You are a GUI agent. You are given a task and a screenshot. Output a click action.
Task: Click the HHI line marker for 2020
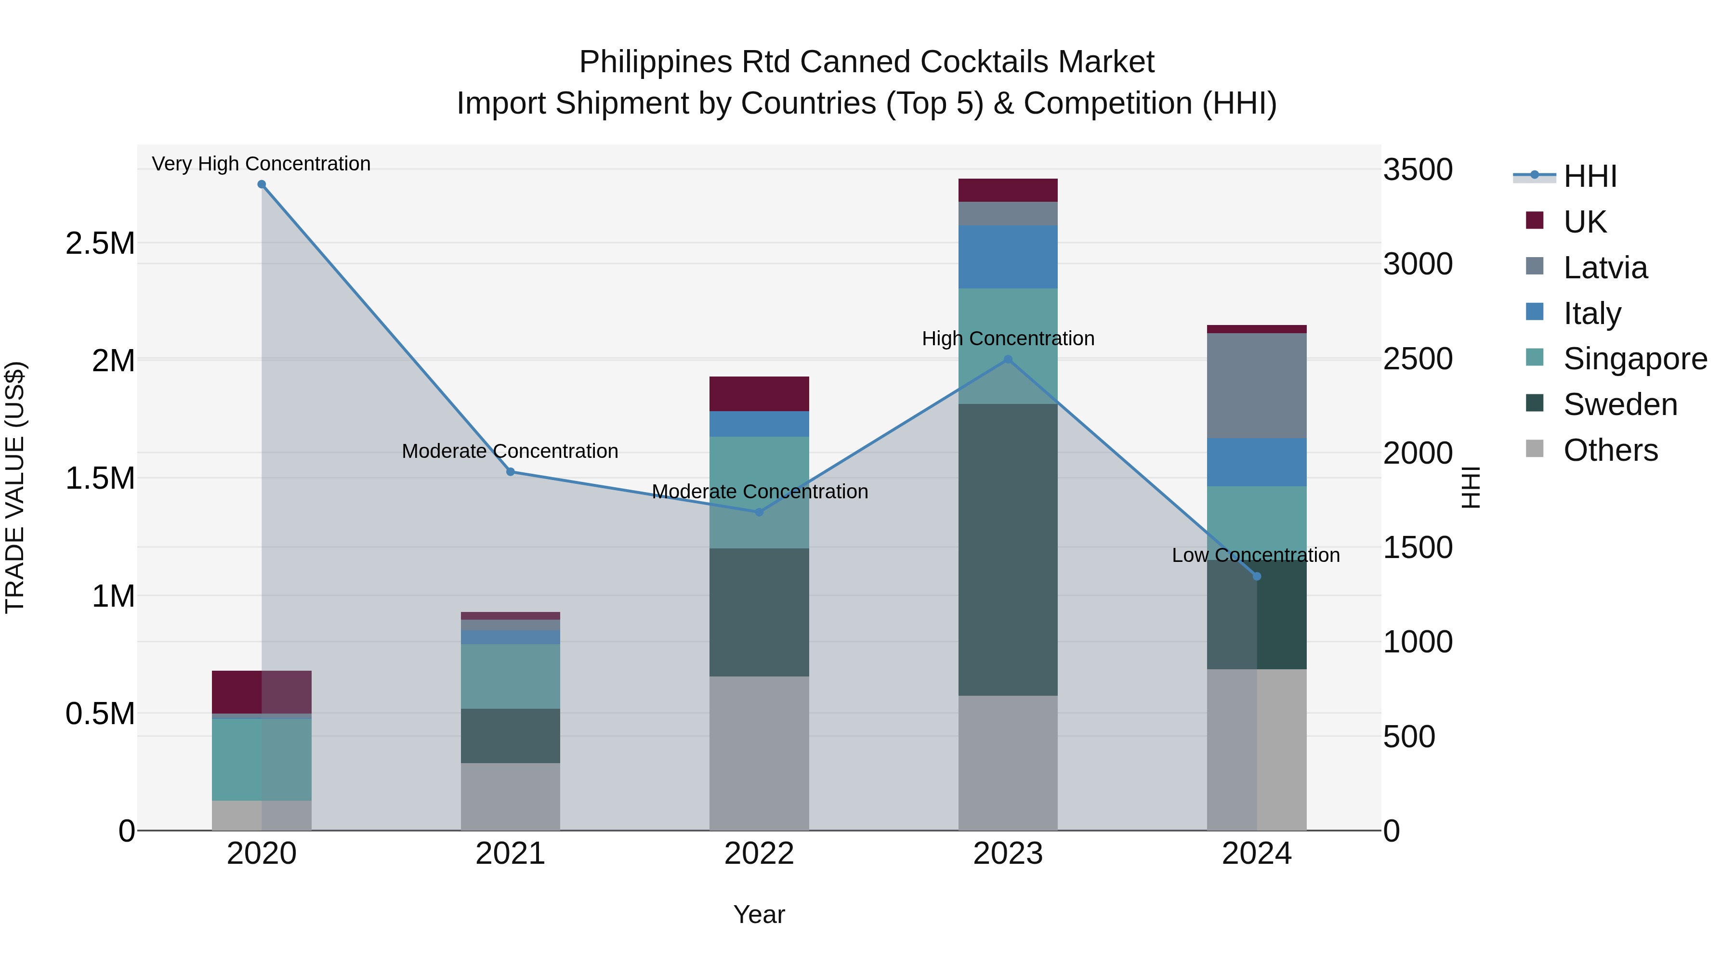click(262, 184)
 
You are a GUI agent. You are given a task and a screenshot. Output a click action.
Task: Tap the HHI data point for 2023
click(1008, 359)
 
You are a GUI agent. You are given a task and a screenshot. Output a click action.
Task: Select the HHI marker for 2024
click(1257, 577)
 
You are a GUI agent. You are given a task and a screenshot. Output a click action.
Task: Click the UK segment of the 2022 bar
click(759, 394)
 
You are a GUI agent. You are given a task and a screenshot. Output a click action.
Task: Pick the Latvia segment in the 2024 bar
click(1257, 386)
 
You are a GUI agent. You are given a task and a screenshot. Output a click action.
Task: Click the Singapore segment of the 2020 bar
click(262, 759)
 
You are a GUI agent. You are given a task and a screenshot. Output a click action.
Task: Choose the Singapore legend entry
click(1634, 359)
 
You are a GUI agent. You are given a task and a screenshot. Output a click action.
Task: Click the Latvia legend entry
click(1605, 267)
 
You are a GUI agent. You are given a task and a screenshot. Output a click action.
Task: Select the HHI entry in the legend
click(1589, 176)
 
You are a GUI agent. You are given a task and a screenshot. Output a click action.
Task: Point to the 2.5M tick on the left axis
click(100, 243)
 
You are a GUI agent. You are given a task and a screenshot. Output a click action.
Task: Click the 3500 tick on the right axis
click(1418, 169)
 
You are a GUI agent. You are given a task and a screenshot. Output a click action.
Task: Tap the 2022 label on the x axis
click(759, 854)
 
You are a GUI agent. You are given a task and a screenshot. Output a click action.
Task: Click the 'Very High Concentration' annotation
click(261, 164)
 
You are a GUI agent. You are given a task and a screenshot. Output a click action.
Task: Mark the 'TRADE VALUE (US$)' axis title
click(15, 487)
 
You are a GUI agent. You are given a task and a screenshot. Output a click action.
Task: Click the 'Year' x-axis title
click(759, 914)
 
